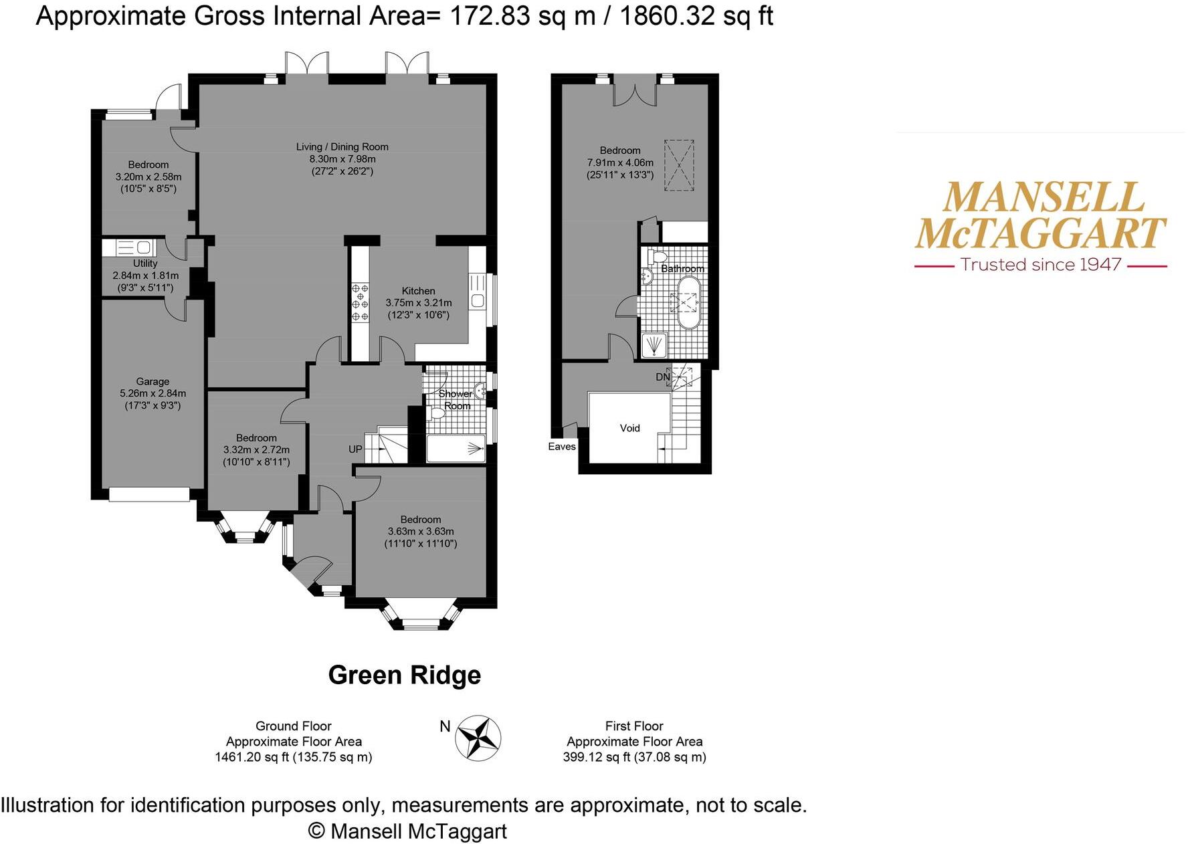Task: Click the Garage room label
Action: click(x=153, y=381)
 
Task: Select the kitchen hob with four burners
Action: click(x=360, y=302)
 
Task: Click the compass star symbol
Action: click(x=478, y=738)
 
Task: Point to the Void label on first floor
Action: click(x=629, y=428)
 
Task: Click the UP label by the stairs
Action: click(x=355, y=449)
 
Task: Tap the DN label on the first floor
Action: click(x=662, y=377)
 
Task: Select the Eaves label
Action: click(x=561, y=447)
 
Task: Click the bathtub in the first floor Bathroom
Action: click(x=688, y=303)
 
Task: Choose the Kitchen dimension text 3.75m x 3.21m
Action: click(x=418, y=303)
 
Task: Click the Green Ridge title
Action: click(x=404, y=675)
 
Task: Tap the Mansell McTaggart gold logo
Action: click(x=1040, y=215)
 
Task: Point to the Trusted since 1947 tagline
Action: click(x=1040, y=265)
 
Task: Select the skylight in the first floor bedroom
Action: click(x=678, y=165)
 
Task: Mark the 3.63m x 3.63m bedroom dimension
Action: click(x=420, y=532)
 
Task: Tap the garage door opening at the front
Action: click(x=149, y=494)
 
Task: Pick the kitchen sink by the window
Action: click(x=477, y=300)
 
